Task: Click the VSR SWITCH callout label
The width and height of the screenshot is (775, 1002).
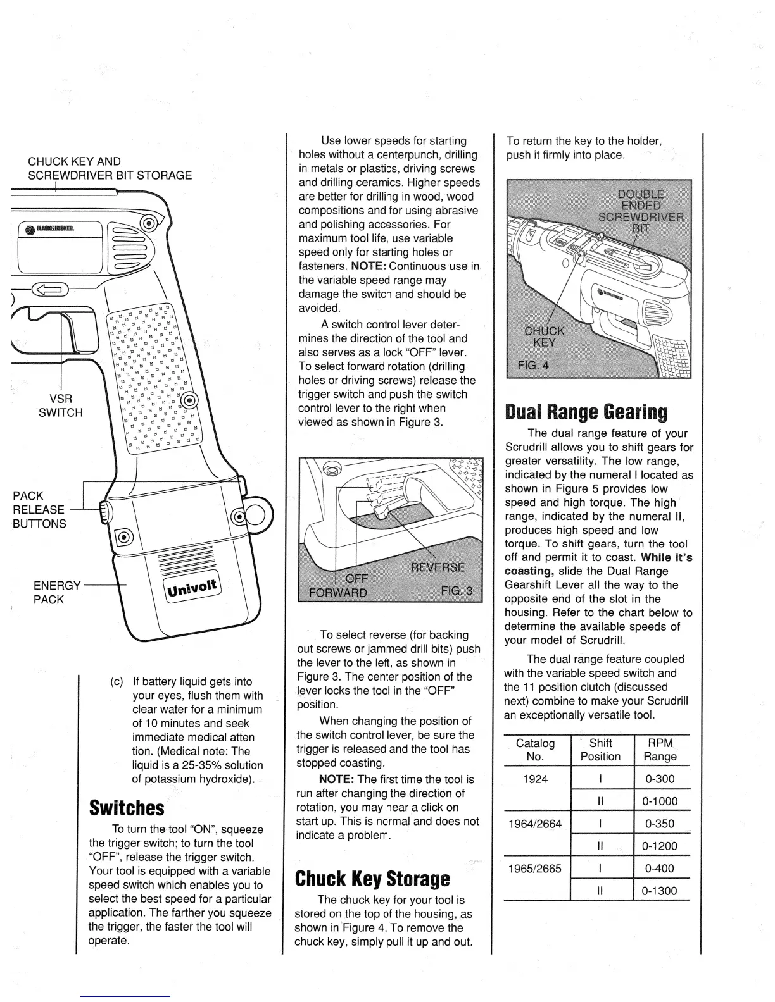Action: [x=61, y=405]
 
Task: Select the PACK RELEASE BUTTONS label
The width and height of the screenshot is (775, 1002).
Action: [x=39, y=509]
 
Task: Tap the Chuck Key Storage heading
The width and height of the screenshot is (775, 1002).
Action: [x=372, y=879]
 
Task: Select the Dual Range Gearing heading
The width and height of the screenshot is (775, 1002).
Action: [x=586, y=412]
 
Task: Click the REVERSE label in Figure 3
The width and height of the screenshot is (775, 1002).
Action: [x=438, y=567]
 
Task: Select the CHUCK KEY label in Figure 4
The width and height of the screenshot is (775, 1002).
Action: [x=545, y=337]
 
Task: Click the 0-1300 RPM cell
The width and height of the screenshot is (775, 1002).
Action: [x=659, y=891]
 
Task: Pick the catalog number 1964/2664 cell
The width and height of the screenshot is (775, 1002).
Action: [x=536, y=824]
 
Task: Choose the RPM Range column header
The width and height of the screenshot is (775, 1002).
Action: [x=660, y=750]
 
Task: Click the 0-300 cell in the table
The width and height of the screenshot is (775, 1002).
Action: [x=660, y=779]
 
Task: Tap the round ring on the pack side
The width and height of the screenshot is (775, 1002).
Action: [x=257, y=516]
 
